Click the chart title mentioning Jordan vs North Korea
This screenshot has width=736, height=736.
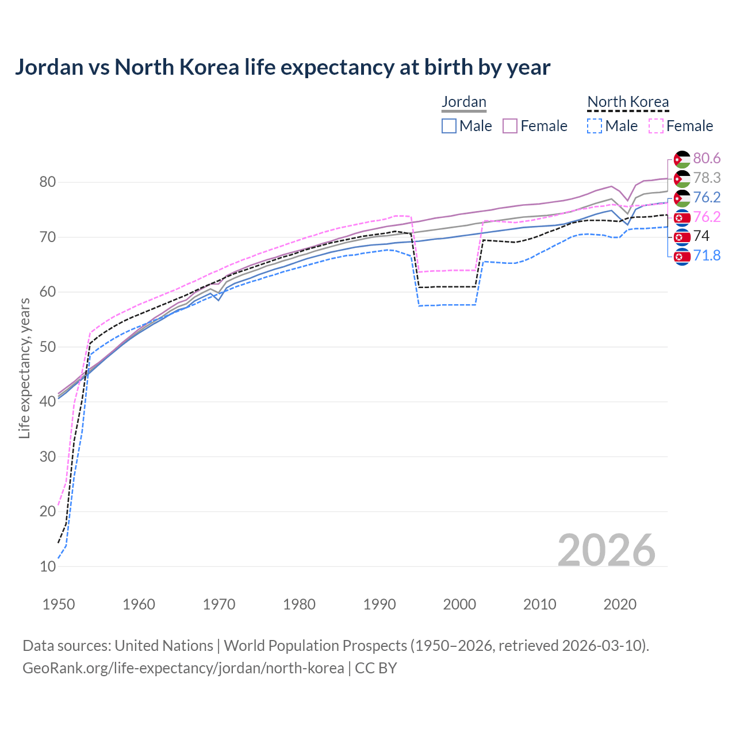tap(282, 67)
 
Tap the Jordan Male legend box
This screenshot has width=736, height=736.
tap(449, 126)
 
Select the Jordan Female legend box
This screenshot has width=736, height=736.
tap(510, 126)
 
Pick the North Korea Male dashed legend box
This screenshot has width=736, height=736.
tap(595, 126)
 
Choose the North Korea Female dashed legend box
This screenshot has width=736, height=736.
tap(655, 126)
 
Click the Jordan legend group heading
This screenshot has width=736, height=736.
tap(463, 102)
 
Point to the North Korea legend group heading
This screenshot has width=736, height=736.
tap(628, 102)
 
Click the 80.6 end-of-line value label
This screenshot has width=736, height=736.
tap(707, 158)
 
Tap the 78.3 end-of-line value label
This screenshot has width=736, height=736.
tap(707, 178)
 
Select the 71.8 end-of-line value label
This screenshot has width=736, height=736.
tap(707, 255)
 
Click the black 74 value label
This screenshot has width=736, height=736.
tap(701, 236)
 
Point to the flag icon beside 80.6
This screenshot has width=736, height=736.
tap(682, 159)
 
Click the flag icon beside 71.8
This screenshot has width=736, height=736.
tap(682, 256)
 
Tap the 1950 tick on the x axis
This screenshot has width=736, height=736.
tap(59, 604)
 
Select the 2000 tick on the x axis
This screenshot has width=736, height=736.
tap(459, 604)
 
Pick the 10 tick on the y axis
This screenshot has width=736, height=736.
tap(48, 566)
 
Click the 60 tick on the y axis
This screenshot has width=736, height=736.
tap(48, 292)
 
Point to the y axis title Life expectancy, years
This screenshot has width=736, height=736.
tap(25, 368)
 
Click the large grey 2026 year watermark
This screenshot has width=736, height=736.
tap(606, 550)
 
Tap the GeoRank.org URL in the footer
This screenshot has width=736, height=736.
tap(183, 668)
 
